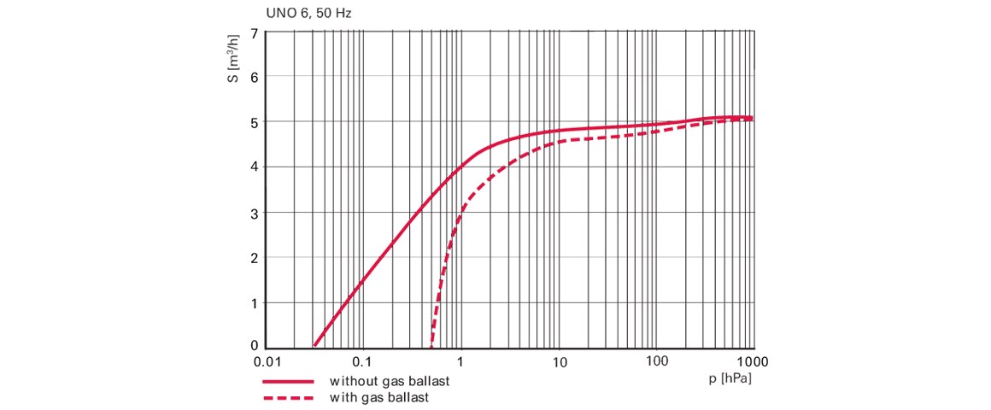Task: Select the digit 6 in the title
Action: pos(302,15)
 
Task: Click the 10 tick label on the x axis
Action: pos(560,362)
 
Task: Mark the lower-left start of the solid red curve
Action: pos(315,343)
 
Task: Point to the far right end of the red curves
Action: pos(752,117)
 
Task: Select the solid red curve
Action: pos(384,248)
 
